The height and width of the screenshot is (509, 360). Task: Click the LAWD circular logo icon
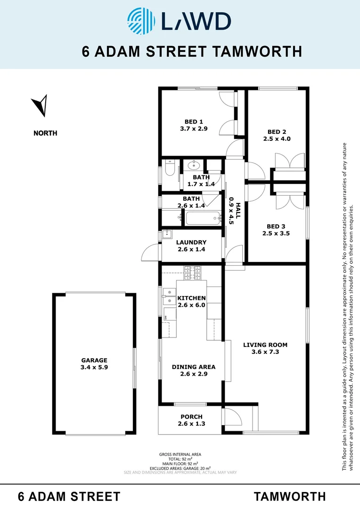coord(142,21)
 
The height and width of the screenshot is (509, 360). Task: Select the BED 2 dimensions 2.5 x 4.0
coord(277,139)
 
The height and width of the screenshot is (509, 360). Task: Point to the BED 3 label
coord(276,226)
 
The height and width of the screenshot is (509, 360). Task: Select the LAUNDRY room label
coord(191,243)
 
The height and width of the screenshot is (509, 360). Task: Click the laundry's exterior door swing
coord(150,253)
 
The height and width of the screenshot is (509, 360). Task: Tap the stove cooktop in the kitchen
coord(191,272)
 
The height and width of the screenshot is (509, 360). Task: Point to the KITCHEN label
coord(191,298)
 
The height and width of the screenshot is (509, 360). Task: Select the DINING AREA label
coord(194,367)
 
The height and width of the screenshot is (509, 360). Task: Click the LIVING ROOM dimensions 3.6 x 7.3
coord(265,352)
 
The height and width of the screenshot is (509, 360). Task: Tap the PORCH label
coord(191,417)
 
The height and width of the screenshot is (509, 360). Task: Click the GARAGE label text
coord(94,360)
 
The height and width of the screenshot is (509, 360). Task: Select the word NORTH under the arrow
coord(45,133)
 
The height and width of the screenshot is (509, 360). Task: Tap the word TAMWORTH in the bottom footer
coord(290,496)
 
